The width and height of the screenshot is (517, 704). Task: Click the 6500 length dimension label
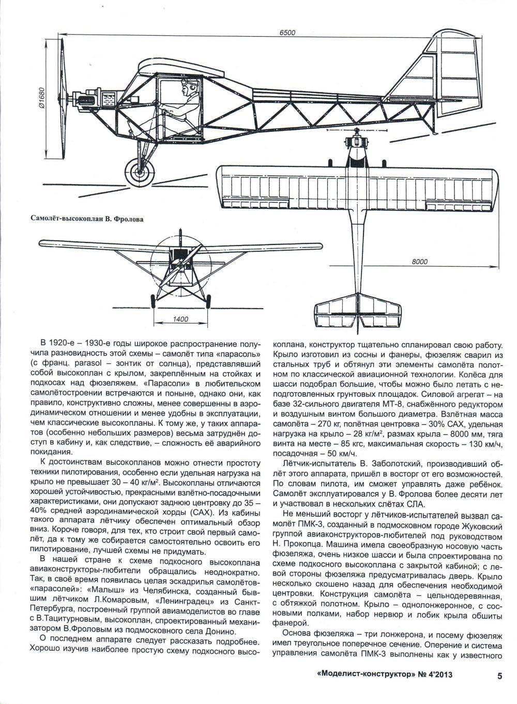point(287,33)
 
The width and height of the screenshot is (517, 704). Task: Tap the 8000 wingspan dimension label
point(419,262)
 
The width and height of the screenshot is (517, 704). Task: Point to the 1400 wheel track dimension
point(180,319)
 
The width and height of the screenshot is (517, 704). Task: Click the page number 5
point(499,675)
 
